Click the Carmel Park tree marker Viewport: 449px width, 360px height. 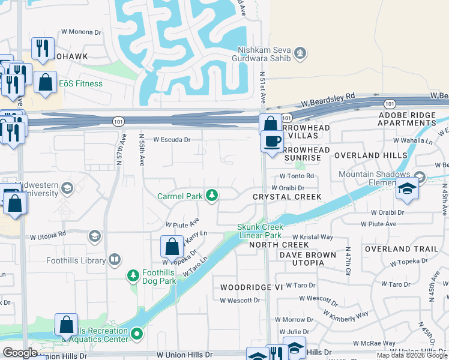(211, 195)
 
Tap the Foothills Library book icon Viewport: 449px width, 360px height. (114, 260)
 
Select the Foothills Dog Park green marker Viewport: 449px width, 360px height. (134, 276)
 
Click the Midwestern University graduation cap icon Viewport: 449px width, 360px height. (67, 189)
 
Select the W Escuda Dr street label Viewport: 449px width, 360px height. (172, 139)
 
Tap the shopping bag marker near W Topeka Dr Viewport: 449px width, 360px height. (172, 247)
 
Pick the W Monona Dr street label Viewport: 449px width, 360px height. (81, 32)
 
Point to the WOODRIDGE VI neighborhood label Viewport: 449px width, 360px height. (251, 287)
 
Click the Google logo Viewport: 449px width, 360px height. (20, 353)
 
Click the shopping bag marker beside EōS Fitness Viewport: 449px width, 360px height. (46, 83)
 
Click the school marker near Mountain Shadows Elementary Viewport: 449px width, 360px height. (407, 190)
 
